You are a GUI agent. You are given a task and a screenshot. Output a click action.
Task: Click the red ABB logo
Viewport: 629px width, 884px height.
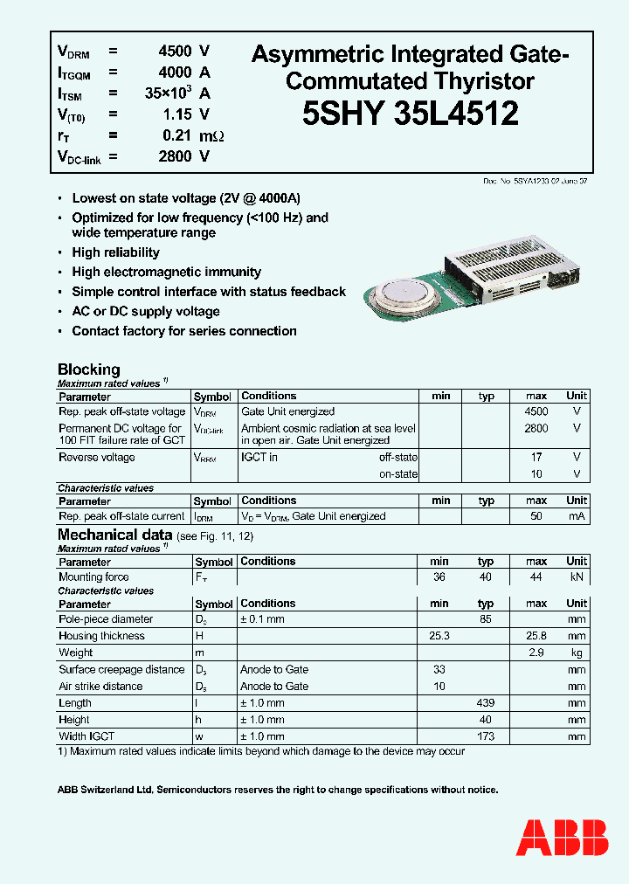pyautogui.click(x=563, y=838)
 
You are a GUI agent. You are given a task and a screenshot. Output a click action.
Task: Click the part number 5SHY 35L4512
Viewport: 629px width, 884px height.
pyautogui.click(x=411, y=114)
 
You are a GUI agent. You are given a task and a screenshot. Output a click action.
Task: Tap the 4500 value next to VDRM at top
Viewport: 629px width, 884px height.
pyautogui.click(x=174, y=51)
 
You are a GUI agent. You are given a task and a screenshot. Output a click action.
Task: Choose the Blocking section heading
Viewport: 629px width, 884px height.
pyautogui.click(x=88, y=369)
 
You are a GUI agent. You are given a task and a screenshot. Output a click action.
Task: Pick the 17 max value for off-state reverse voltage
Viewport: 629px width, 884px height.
pyautogui.click(x=536, y=457)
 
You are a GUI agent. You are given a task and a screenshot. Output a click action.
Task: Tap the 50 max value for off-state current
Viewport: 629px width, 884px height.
pyautogui.click(x=536, y=516)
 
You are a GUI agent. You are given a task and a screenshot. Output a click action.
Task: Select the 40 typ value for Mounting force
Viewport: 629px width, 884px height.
pyautogui.click(x=486, y=577)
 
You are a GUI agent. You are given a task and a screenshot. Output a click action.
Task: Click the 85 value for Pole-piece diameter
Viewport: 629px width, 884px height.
pyautogui.click(x=486, y=619)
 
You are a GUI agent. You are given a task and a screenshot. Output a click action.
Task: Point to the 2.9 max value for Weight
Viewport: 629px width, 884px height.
pyautogui.click(x=536, y=653)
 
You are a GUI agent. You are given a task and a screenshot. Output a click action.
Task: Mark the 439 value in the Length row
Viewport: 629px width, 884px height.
pyautogui.click(x=486, y=703)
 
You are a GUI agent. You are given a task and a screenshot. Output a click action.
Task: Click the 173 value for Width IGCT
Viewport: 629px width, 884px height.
pyautogui.click(x=486, y=736)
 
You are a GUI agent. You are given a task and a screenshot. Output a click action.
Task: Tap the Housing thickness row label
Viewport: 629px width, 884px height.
pyautogui.click(x=101, y=636)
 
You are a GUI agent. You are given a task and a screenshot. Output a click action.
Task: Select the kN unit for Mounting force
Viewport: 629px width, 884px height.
pyautogui.click(x=577, y=577)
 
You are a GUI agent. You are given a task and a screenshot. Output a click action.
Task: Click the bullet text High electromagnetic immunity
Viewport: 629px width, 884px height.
pyautogui.click(x=166, y=272)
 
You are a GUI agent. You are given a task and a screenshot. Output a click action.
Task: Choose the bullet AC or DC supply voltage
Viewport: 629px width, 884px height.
pyautogui.click(x=146, y=311)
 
